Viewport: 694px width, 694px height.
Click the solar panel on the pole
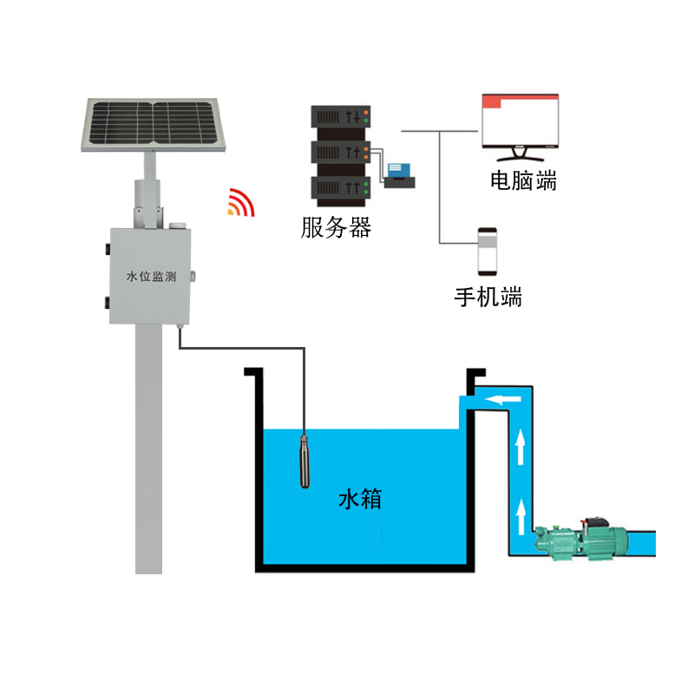click(x=154, y=124)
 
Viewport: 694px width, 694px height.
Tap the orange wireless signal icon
click(x=242, y=203)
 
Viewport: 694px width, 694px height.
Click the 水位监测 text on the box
click(x=151, y=278)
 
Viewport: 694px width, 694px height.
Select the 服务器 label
click(x=336, y=228)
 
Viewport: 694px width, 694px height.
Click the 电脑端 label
click(x=523, y=181)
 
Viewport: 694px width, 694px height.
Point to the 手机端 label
click(x=488, y=297)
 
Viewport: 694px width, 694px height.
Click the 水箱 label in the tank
click(x=359, y=500)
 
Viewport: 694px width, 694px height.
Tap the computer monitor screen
click(x=521, y=121)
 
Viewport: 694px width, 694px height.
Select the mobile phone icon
click(x=488, y=250)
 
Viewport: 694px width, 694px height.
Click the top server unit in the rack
click(x=342, y=117)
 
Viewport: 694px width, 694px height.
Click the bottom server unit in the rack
click(x=342, y=187)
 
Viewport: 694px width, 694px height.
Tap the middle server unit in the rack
click(x=342, y=152)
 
